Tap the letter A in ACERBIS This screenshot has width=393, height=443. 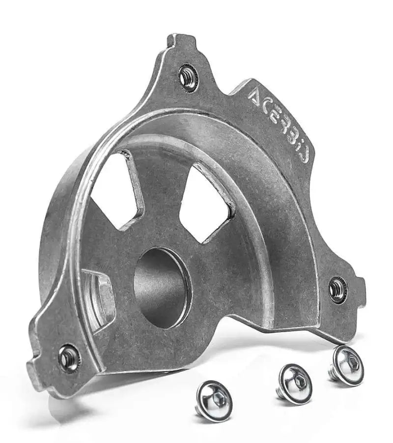pyautogui.click(x=256, y=97)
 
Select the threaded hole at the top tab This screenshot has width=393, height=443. pyautogui.click(x=188, y=77)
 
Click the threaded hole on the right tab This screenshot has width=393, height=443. pyautogui.click(x=337, y=290)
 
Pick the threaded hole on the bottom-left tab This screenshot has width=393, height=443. pyautogui.click(x=69, y=357)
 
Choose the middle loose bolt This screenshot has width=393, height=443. pyautogui.click(x=294, y=384)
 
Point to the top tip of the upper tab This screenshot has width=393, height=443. pyautogui.click(x=180, y=38)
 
